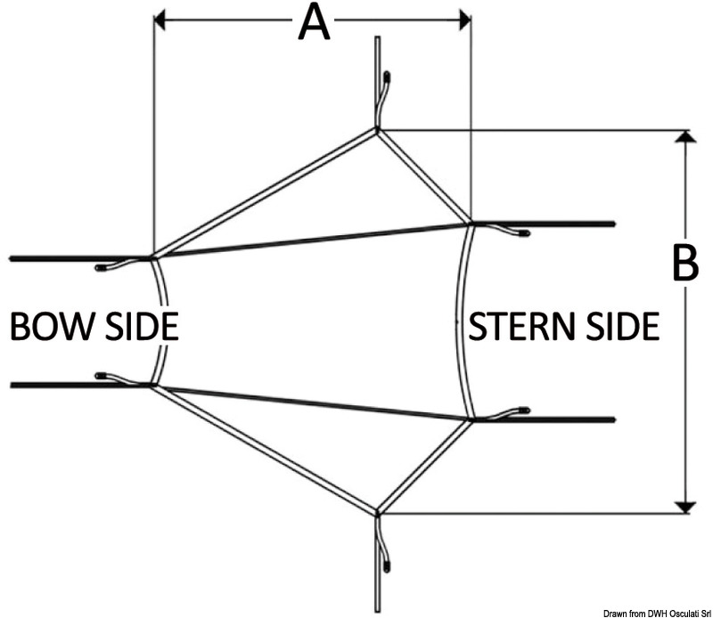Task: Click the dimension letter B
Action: tap(684, 263)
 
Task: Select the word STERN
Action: tap(520, 326)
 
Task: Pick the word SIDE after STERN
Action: tap(620, 326)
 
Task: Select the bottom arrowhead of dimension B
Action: tap(684, 506)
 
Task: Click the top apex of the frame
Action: tap(377, 131)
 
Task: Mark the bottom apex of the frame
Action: tap(377, 513)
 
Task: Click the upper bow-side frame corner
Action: tap(154, 257)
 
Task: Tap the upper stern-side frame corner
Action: tap(471, 223)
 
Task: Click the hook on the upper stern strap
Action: tap(520, 233)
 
